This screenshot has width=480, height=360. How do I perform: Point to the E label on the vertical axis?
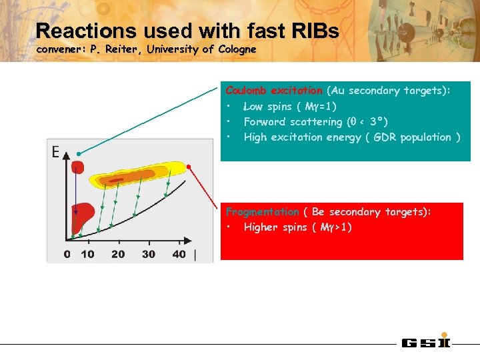click(x=56, y=153)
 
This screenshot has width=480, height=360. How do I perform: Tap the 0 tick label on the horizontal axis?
click(x=67, y=254)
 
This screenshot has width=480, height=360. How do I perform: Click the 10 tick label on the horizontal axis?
click(x=87, y=254)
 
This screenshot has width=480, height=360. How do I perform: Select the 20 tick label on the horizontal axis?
click(x=118, y=254)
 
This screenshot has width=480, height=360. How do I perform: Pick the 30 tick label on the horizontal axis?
click(x=149, y=254)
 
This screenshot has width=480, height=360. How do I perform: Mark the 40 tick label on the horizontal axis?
click(x=179, y=254)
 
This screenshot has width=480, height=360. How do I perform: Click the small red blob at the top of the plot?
click(x=78, y=167)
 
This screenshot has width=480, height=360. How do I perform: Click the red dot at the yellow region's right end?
click(x=189, y=167)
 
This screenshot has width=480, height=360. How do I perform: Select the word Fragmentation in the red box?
click(x=262, y=212)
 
